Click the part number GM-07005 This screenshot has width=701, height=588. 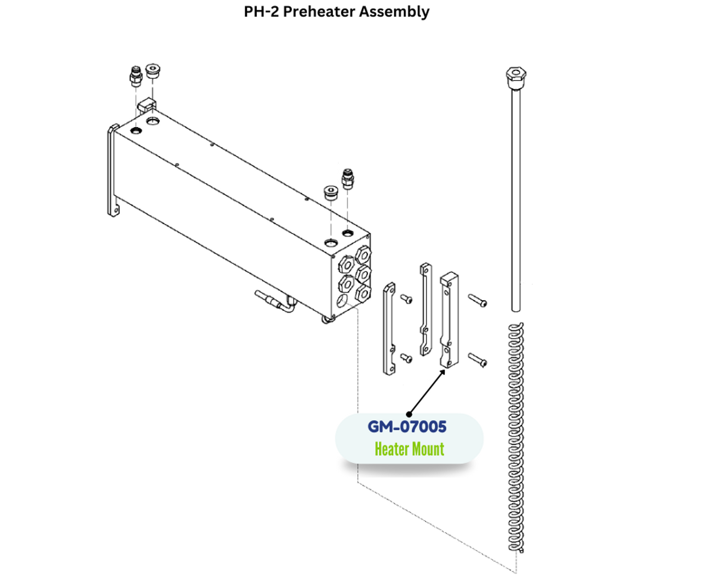pyautogui.click(x=407, y=426)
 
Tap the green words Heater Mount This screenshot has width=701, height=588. pyautogui.click(x=409, y=449)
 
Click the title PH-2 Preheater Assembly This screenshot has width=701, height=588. pyautogui.click(x=336, y=12)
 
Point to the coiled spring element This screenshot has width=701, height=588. pyautogui.click(x=515, y=438)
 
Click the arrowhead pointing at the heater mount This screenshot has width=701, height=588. pyautogui.click(x=443, y=372)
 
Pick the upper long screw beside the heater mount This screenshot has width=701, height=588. pyautogui.click(x=477, y=300)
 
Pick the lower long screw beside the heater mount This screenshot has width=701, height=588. pyautogui.click(x=477, y=360)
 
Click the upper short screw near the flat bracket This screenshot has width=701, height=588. pyautogui.click(x=406, y=299)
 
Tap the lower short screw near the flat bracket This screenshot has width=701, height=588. pyautogui.click(x=406, y=358)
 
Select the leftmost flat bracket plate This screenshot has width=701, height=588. pyautogui.click(x=389, y=329)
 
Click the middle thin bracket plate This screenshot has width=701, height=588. pyautogui.click(x=426, y=310)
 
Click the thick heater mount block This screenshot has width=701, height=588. pyautogui.click(x=449, y=321)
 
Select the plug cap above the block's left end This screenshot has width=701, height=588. pyautogui.click(x=153, y=72)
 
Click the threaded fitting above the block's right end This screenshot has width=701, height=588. pyautogui.click(x=347, y=179)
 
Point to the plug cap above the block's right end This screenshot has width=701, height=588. pyautogui.click(x=330, y=193)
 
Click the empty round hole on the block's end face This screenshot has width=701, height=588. pyautogui.click(x=342, y=300)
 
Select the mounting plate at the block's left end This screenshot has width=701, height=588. pyautogui.click(x=113, y=170)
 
